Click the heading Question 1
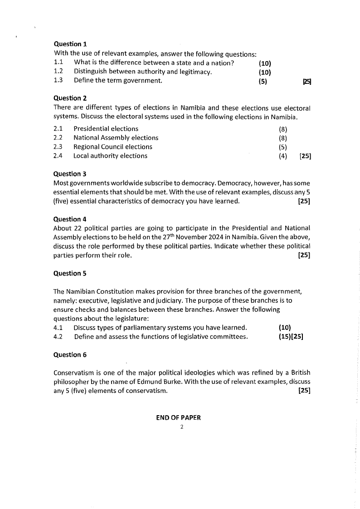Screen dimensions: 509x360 pyautogui.click(x=70, y=44)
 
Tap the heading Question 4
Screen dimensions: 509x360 pyautogui.click(x=70, y=219)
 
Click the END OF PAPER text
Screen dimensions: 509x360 pyautogui.click(x=178, y=418)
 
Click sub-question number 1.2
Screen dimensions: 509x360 pyautogui.click(x=58, y=71)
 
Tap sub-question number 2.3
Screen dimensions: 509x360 pyautogui.click(x=58, y=146)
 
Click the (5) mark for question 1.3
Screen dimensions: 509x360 pyautogui.click(x=263, y=81)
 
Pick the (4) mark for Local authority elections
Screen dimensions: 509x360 pyautogui.click(x=283, y=156)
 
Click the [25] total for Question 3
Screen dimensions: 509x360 pyautogui.click(x=304, y=201)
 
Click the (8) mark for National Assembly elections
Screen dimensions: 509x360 pyautogui.click(x=283, y=138)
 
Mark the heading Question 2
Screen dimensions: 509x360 pyautogui.click(x=70, y=98)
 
